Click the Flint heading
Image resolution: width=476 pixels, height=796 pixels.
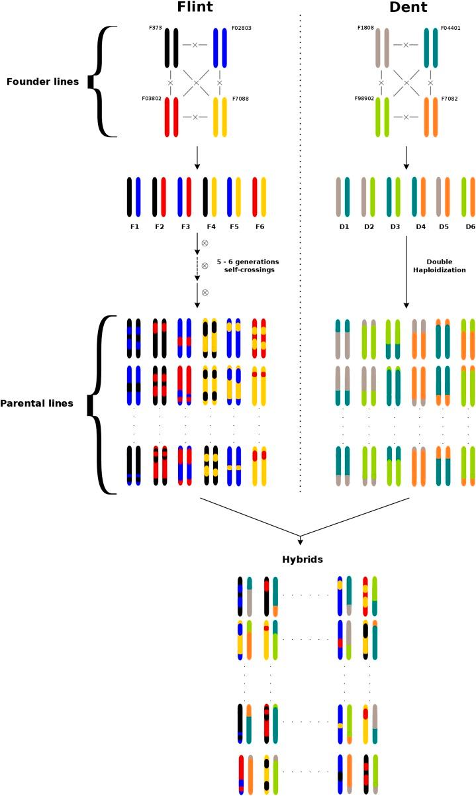click(x=195, y=8)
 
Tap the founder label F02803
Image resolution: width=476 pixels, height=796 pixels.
click(x=242, y=29)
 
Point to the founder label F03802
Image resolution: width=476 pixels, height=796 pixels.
click(x=152, y=99)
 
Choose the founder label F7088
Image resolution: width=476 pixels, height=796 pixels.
click(x=240, y=99)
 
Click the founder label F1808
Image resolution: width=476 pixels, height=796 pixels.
click(x=365, y=29)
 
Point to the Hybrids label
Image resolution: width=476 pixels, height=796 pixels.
click(x=301, y=560)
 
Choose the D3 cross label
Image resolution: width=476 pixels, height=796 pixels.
click(x=395, y=226)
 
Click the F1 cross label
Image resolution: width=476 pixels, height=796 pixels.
click(x=134, y=226)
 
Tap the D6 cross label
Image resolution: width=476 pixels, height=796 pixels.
click(x=470, y=226)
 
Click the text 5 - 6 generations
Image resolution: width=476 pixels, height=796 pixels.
click(x=251, y=263)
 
